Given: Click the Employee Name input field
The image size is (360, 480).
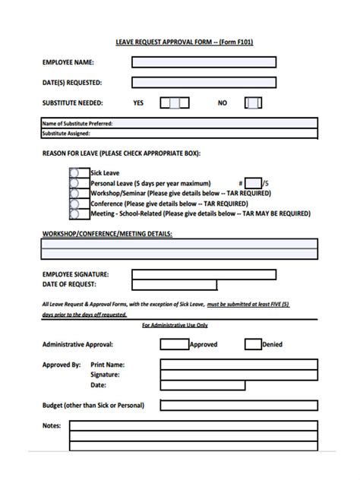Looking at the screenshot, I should (203, 63).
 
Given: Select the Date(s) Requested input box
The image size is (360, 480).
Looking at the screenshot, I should (203, 83).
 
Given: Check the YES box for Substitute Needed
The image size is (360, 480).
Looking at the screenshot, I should (175, 103).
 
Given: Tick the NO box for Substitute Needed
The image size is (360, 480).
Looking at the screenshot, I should (254, 103).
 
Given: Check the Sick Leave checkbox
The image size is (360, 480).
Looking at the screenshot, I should (74, 173).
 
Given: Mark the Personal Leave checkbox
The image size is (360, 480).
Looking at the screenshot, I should (74, 183).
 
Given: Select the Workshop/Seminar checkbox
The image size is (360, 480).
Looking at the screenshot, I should (74, 194).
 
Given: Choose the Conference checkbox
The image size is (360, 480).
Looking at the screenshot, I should (74, 204).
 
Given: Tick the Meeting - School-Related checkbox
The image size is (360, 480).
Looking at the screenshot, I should (74, 214).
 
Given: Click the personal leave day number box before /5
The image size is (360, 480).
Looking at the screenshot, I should (252, 183).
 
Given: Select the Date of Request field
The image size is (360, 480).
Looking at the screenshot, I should (174, 285).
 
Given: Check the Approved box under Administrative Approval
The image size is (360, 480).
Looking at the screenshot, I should (174, 344).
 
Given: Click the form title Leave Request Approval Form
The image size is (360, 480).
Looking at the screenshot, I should (179, 42).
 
